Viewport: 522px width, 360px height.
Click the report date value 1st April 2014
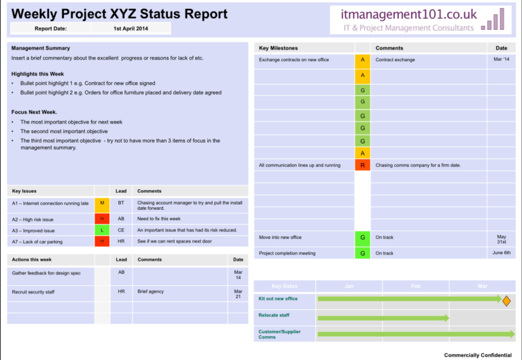(130, 29)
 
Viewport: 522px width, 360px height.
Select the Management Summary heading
(40, 48)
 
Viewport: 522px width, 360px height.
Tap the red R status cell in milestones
(362, 165)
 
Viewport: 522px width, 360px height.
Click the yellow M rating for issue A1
(102, 202)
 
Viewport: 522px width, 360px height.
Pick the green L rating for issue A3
(102, 230)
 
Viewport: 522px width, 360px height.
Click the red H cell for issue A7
(102, 241)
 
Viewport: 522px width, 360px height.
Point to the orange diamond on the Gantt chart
(506, 300)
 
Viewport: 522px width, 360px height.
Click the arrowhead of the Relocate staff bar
(446, 318)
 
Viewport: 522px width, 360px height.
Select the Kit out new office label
(278, 299)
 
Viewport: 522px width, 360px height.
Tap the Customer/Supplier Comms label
(279, 334)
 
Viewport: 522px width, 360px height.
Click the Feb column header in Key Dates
(415, 286)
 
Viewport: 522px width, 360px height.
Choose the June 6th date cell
(501, 253)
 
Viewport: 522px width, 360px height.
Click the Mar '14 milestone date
(501, 60)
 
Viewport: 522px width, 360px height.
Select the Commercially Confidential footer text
(477, 355)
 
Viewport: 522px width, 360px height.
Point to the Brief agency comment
(150, 291)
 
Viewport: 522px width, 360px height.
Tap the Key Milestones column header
(278, 48)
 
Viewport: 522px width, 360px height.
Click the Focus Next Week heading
(34, 111)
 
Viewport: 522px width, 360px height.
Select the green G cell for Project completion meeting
(362, 253)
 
